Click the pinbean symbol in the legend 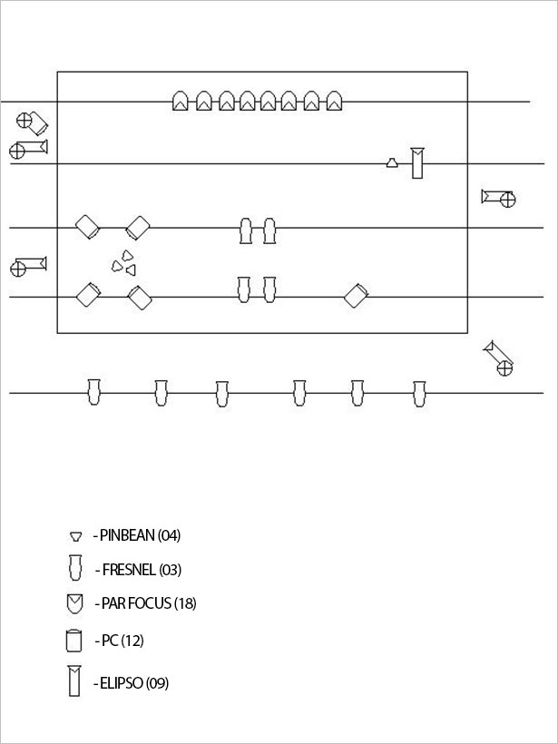(x=75, y=536)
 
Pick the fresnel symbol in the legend (x=75, y=567)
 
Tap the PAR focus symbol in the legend (x=75, y=604)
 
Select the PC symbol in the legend (x=74, y=641)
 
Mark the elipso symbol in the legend (x=74, y=680)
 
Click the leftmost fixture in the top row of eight (x=180, y=101)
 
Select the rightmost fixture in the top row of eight (x=335, y=101)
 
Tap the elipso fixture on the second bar (x=417, y=163)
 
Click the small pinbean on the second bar (x=391, y=162)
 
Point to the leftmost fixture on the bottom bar (x=94, y=392)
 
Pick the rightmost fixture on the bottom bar (x=419, y=394)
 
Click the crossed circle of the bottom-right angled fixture (x=504, y=368)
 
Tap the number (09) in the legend (x=158, y=683)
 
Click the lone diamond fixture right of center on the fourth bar (x=356, y=296)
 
